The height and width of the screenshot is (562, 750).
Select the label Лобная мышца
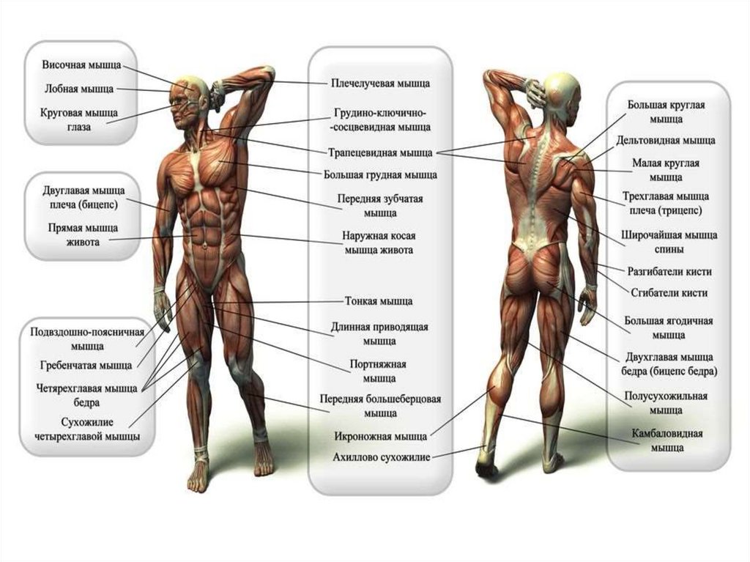[78, 89]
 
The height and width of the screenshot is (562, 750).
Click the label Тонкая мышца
[379, 301]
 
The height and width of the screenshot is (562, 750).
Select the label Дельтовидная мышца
[666, 140]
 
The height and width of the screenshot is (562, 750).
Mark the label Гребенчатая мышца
[86, 364]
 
